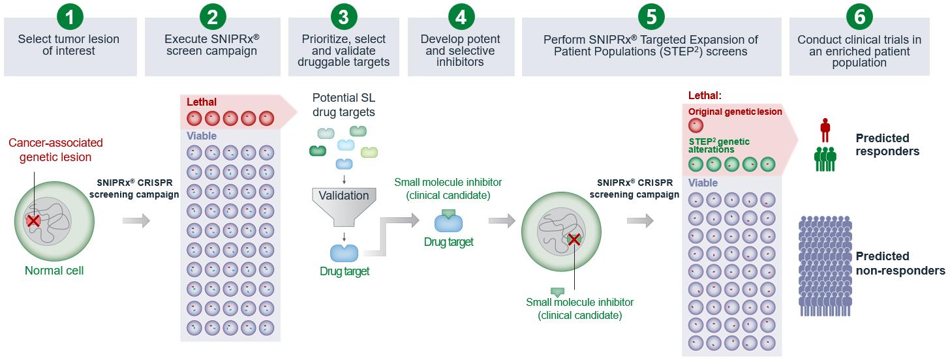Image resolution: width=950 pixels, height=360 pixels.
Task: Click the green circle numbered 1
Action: [x=69, y=16]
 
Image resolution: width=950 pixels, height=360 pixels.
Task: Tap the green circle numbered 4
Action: [x=461, y=16]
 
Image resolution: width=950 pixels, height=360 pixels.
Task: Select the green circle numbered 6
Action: [x=859, y=16]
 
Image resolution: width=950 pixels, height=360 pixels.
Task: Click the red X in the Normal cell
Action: [x=33, y=221]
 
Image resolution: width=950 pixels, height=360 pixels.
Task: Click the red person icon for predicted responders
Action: [x=825, y=130]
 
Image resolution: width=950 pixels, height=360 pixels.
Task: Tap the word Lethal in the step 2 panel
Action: [x=202, y=102]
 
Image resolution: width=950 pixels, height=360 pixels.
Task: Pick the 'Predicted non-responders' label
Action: [x=900, y=263]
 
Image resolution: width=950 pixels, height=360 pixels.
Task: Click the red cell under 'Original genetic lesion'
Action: [x=696, y=125]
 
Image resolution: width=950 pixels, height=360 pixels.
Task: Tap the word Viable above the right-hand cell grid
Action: [x=703, y=183]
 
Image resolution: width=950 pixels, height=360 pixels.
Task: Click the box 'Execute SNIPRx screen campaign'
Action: [x=212, y=46]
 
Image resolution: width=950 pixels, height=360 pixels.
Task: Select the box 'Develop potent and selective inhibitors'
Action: [x=461, y=51]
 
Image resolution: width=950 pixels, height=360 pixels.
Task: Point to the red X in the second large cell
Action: [x=574, y=240]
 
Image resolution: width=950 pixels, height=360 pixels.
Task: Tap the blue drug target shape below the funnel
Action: [x=344, y=252]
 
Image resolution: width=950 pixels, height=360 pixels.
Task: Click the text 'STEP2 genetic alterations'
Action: [x=719, y=145]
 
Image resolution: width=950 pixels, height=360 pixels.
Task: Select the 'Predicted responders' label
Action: [x=887, y=145]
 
